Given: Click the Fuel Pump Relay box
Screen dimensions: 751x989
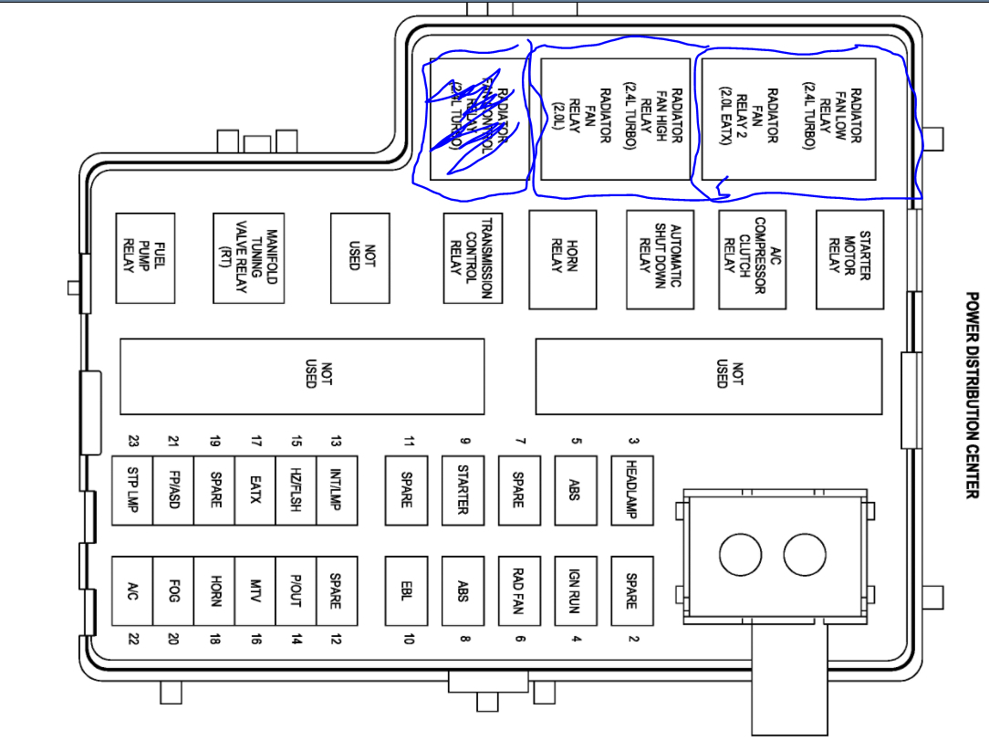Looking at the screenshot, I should click(x=145, y=258).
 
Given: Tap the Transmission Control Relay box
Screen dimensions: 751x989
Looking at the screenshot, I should click(x=473, y=258).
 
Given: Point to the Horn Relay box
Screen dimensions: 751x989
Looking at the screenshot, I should click(x=562, y=259).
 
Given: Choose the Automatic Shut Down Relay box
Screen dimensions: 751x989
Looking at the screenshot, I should click(x=660, y=259).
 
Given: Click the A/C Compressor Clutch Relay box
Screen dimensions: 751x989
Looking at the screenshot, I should click(x=752, y=259).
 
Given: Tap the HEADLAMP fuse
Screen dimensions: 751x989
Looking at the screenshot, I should click(x=632, y=489).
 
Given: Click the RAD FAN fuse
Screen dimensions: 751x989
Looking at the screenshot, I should click(x=520, y=590).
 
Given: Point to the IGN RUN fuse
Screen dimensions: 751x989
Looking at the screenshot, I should click(x=576, y=590).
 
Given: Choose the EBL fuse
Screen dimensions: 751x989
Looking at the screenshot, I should click(x=406, y=590).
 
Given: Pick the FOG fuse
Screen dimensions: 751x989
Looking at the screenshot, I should click(x=172, y=590).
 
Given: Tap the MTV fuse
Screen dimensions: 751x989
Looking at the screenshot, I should click(x=255, y=590).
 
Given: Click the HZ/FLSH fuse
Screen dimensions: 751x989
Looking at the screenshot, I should click(x=296, y=489).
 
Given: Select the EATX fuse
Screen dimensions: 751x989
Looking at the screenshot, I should click(x=255, y=489).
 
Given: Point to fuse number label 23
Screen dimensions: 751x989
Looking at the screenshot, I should click(x=133, y=441).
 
